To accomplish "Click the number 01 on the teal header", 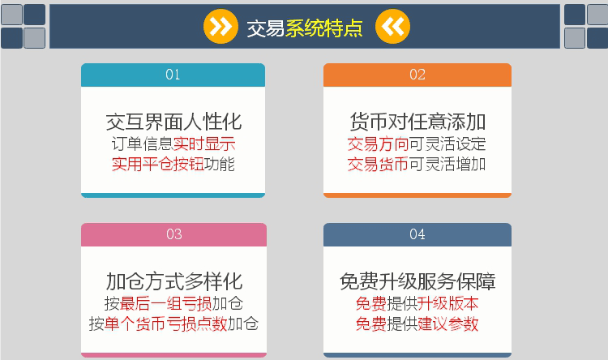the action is point(173,75).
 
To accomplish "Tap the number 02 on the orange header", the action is point(417,75).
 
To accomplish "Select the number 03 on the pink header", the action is point(173,234).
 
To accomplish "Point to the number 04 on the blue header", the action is point(417,234).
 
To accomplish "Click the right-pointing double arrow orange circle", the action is point(221,27).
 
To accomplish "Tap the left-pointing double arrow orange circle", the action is point(392,27).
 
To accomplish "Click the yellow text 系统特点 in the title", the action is point(324,28).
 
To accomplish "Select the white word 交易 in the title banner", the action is point(266,28).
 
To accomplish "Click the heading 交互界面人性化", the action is point(173,122).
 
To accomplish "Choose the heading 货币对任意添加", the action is point(417,122).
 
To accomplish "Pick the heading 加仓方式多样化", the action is point(174,281).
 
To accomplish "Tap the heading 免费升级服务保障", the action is point(417,281).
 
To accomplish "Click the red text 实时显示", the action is point(204,144).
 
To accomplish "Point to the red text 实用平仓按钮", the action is point(158,164).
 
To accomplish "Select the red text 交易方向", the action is point(378,144).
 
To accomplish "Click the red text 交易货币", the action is point(378,164).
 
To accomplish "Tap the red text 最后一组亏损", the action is point(165,303).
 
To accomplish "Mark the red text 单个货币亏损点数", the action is point(165,324).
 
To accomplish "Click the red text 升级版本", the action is point(447,303).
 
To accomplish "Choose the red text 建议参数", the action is point(447,324).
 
